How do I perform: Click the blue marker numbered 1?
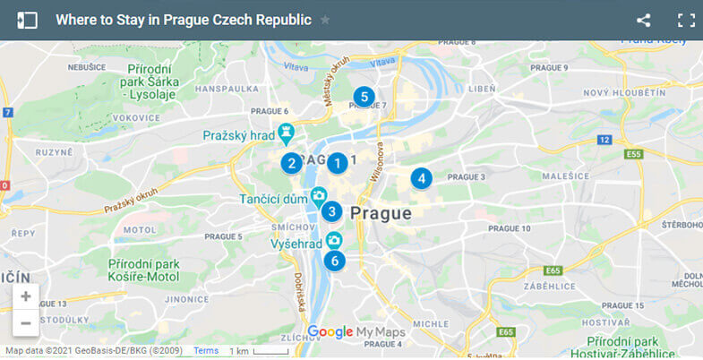pyautogui.click(x=337, y=163)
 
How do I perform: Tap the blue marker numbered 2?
pyautogui.click(x=290, y=163)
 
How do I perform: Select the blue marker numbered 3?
pyautogui.click(x=332, y=211)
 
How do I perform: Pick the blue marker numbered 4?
pyautogui.click(x=421, y=178)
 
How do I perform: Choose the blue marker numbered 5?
pyautogui.click(x=363, y=96)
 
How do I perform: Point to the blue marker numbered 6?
pyautogui.click(x=334, y=261)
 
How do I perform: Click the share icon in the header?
pyautogui.click(x=644, y=20)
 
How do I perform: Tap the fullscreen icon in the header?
pyautogui.click(x=686, y=20)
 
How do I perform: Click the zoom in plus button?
pyautogui.click(x=25, y=296)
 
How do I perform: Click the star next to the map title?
pyautogui.click(x=325, y=20)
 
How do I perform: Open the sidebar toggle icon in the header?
pyautogui.click(x=27, y=20)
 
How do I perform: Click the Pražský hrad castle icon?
pyautogui.click(x=287, y=134)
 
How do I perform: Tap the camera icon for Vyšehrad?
pyautogui.click(x=334, y=240)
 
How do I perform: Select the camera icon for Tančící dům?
pyautogui.click(x=319, y=195)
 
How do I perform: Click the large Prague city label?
pyautogui.click(x=381, y=213)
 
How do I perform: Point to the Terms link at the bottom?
pyautogui.click(x=206, y=350)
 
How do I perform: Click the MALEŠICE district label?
pyautogui.click(x=559, y=176)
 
